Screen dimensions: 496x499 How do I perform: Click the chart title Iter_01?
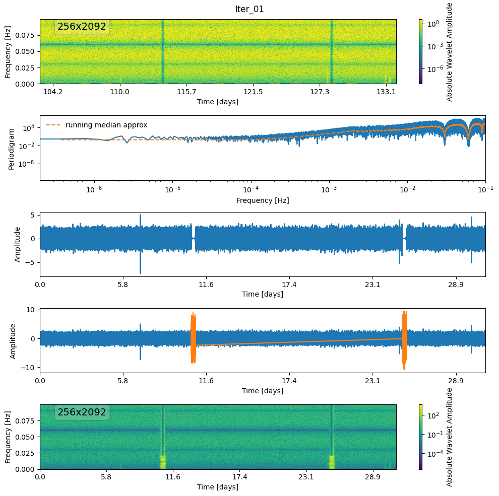[x=249, y=9]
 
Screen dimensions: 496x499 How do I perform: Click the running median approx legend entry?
[x=106, y=125]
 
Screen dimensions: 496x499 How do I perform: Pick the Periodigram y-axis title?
[x=12, y=148]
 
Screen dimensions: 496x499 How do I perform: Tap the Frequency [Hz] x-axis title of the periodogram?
[x=263, y=200]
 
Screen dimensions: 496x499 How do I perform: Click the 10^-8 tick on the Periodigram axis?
[x=27, y=164]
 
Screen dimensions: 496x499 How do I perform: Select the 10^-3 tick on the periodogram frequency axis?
[x=329, y=189]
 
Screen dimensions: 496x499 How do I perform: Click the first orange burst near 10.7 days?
[x=193, y=338]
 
